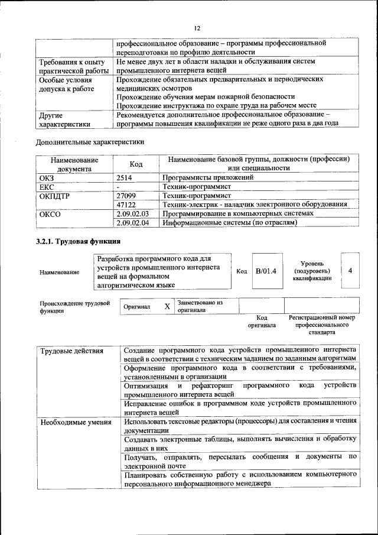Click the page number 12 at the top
click(x=197, y=28)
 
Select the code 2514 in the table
click(x=125, y=177)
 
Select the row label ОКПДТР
click(x=54, y=194)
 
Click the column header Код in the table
click(x=136, y=164)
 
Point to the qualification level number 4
click(x=350, y=271)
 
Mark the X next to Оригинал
click(x=167, y=306)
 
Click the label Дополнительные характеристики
click(x=90, y=142)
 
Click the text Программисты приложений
click(x=208, y=177)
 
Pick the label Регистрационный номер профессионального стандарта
click(x=322, y=325)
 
